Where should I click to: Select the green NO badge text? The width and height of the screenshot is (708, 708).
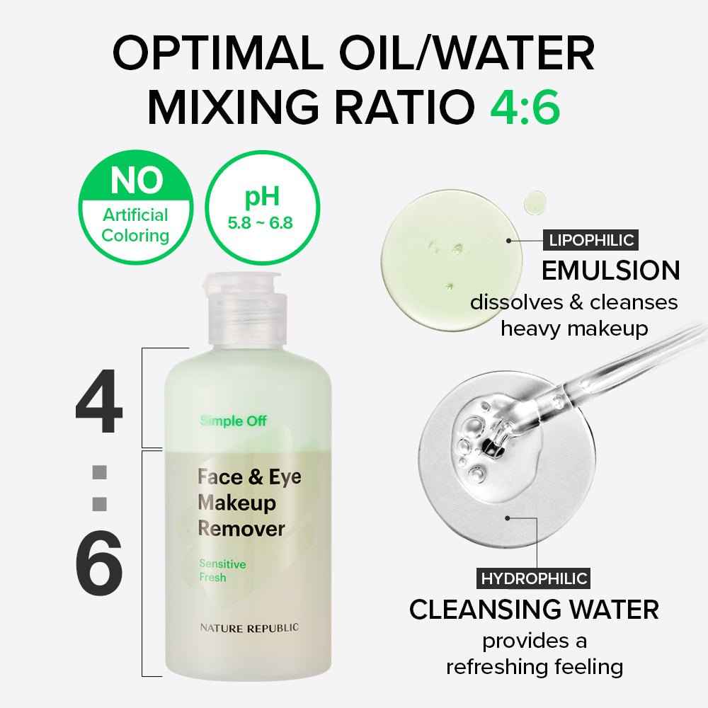click(x=124, y=182)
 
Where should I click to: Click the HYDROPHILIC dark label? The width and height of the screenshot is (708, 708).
click(x=534, y=578)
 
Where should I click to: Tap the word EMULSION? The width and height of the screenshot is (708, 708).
click(x=610, y=270)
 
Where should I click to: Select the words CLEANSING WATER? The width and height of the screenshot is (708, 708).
click(x=535, y=610)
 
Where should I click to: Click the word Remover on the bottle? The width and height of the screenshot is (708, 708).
click(x=241, y=529)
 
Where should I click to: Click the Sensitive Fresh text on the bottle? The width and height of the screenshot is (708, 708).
click(x=222, y=571)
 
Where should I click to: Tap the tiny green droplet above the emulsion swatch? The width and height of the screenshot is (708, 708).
click(x=532, y=202)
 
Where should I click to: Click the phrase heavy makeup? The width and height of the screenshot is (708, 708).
click(x=574, y=329)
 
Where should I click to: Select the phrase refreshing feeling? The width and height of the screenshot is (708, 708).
click(x=535, y=667)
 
